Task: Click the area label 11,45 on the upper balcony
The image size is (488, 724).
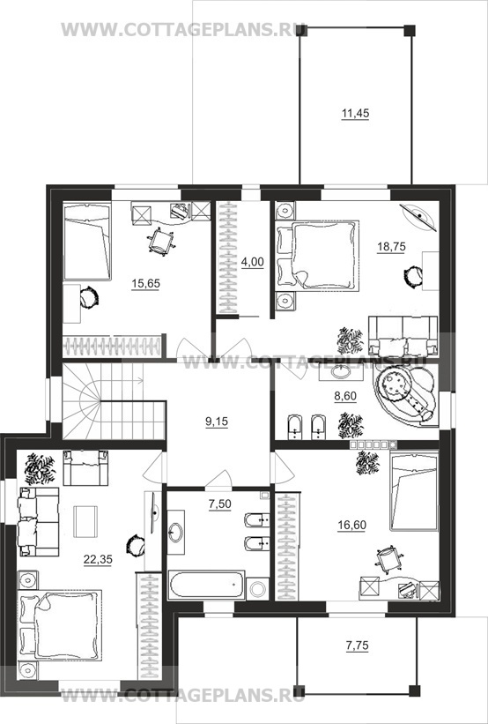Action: [355, 114]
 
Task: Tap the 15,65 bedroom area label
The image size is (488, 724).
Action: [145, 283]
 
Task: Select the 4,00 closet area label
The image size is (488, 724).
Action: [252, 262]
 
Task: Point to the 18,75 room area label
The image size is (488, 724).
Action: [392, 247]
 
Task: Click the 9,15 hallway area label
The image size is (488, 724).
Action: [218, 422]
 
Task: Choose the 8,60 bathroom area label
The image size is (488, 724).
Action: [345, 396]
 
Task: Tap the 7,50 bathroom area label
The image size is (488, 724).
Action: [220, 504]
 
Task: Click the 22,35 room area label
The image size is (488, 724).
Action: [98, 560]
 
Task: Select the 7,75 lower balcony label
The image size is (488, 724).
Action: [358, 646]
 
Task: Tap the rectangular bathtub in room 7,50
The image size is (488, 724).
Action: [207, 585]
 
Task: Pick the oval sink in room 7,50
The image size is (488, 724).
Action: [176, 533]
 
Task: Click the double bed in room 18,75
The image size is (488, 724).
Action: [318, 256]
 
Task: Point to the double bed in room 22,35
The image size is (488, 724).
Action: [60, 625]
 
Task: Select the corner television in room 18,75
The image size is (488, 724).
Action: [418, 216]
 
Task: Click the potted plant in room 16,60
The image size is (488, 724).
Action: [367, 463]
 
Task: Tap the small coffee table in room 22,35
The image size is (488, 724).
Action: [85, 521]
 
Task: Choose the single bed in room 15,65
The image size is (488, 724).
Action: [87, 242]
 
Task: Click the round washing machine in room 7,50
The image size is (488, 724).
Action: [257, 588]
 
